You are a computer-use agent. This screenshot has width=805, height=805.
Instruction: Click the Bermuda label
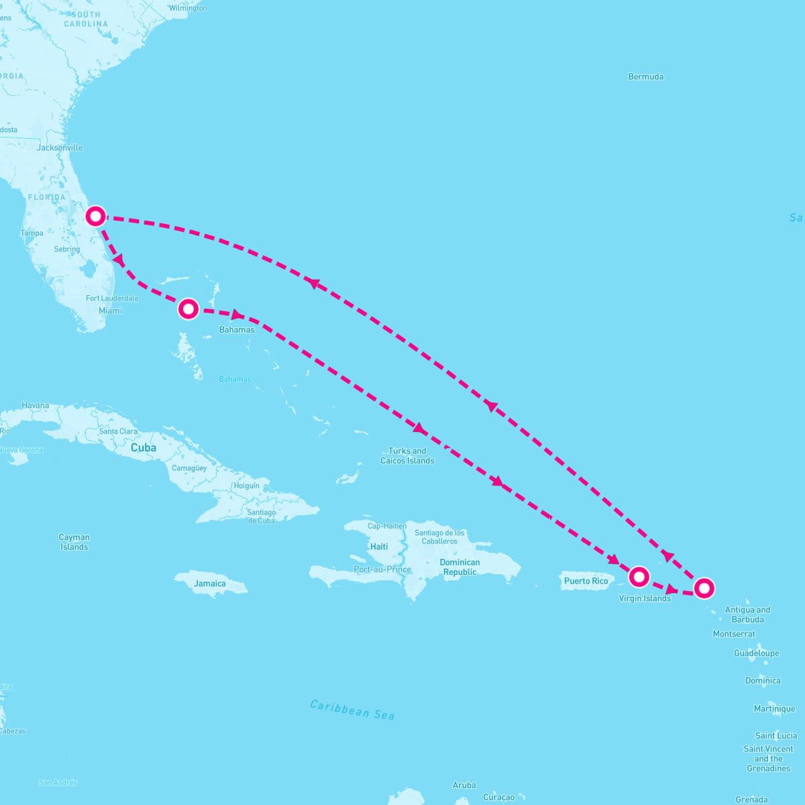pyautogui.click(x=645, y=76)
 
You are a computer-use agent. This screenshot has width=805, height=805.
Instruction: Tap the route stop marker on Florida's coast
pyautogui.click(x=96, y=216)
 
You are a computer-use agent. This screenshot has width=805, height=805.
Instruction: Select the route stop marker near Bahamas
pyautogui.click(x=189, y=309)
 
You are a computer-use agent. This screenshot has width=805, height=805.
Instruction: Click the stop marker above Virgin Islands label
pyautogui.click(x=639, y=576)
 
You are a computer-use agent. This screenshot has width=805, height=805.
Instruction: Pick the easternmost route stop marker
pyautogui.click(x=704, y=588)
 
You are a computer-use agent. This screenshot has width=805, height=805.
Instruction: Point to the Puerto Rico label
pyautogui.click(x=586, y=581)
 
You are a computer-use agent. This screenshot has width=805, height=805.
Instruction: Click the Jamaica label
pyautogui.click(x=210, y=584)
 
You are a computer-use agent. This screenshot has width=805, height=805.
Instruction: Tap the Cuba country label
pyautogui.click(x=143, y=447)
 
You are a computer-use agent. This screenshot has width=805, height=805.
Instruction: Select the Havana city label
pyautogui.click(x=36, y=405)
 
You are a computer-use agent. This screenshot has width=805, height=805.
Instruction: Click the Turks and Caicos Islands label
pyautogui.click(x=407, y=455)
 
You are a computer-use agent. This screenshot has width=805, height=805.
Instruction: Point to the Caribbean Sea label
pyautogui.click(x=352, y=710)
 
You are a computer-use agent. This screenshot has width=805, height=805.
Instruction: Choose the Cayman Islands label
pyautogui.click(x=74, y=542)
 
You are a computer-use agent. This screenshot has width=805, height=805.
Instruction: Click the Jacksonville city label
pyautogui.click(x=60, y=148)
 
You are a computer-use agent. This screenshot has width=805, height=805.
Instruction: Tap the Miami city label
pyautogui.click(x=110, y=311)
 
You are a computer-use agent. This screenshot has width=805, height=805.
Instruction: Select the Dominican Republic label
pyautogui.click(x=460, y=567)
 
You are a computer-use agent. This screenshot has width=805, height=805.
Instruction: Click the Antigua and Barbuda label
pyautogui.click(x=747, y=614)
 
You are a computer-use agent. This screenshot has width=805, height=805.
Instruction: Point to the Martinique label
pyautogui.click(x=774, y=708)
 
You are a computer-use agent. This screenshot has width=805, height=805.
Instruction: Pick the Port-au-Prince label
pyautogui.click(x=382, y=570)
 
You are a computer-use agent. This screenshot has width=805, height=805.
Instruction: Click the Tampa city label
pyautogui.click(x=32, y=233)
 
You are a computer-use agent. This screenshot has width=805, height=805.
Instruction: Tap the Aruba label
pyautogui.click(x=464, y=785)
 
